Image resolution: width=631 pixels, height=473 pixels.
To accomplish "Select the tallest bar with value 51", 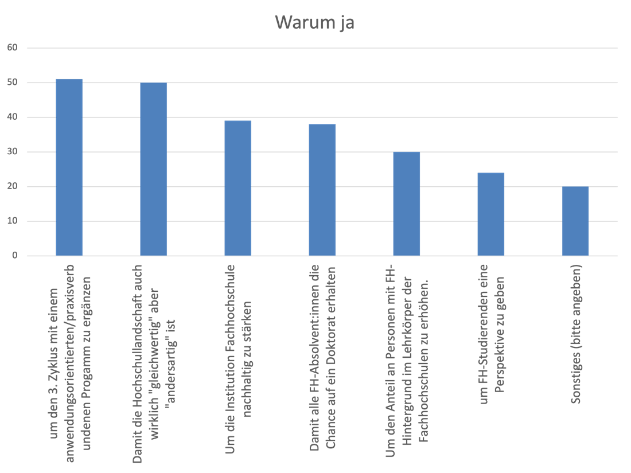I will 69,167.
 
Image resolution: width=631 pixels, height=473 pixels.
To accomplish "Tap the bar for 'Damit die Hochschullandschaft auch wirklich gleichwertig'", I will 154,169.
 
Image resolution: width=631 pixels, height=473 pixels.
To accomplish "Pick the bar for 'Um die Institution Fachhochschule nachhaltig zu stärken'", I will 238,188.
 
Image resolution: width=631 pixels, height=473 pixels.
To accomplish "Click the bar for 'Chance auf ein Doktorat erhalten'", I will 322,190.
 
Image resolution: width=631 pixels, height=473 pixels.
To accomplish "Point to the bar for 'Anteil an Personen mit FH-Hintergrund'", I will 407,204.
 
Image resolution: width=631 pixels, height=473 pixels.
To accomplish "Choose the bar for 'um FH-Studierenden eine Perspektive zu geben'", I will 491,214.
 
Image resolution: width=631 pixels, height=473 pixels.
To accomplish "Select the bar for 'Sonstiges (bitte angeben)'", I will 575,221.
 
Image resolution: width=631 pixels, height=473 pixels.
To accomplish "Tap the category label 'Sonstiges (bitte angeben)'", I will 576,334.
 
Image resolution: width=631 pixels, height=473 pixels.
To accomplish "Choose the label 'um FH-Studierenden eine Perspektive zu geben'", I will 492,334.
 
